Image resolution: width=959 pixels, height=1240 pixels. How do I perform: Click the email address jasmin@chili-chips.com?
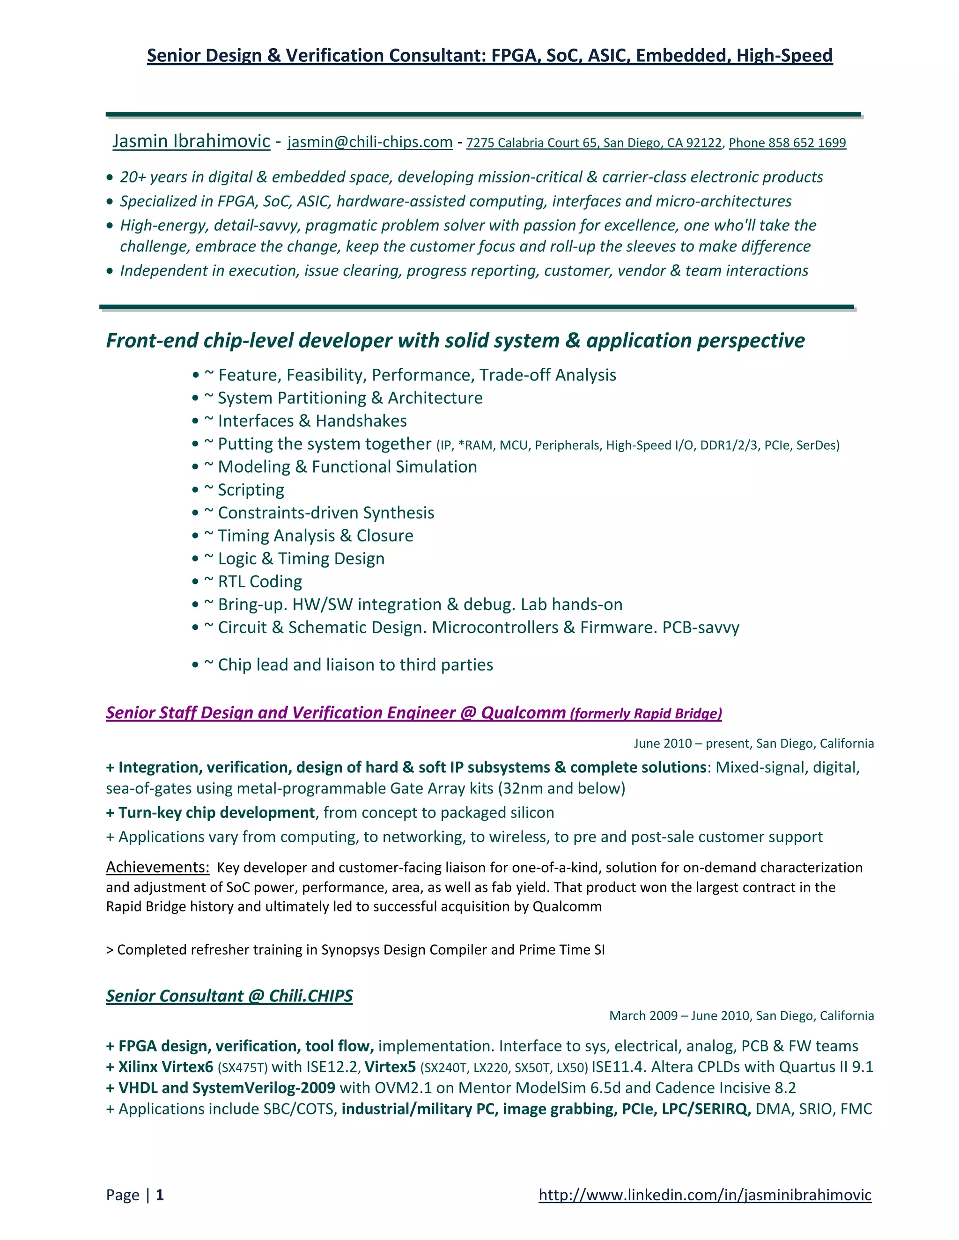370,142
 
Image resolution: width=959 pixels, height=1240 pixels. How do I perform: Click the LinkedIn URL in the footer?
704,1195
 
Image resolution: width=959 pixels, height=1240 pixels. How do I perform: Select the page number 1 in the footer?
160,1195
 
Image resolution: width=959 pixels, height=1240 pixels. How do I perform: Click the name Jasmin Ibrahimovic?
191,141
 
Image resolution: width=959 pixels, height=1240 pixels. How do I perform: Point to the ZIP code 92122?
703,143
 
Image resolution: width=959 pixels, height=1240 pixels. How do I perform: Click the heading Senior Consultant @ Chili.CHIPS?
229,995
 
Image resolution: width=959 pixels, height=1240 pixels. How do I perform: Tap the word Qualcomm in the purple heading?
523,713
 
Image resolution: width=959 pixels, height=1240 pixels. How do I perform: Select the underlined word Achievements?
157,867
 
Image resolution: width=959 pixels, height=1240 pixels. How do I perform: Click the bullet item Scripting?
251,490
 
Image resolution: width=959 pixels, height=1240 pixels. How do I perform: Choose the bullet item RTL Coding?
259,581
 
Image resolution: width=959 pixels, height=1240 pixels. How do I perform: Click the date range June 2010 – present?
691,743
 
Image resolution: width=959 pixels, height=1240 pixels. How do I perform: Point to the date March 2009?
643,1015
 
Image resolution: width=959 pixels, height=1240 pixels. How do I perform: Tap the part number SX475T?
243,1068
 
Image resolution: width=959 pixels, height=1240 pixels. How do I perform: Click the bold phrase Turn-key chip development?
216,812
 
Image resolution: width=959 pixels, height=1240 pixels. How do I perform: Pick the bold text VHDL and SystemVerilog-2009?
226,1088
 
